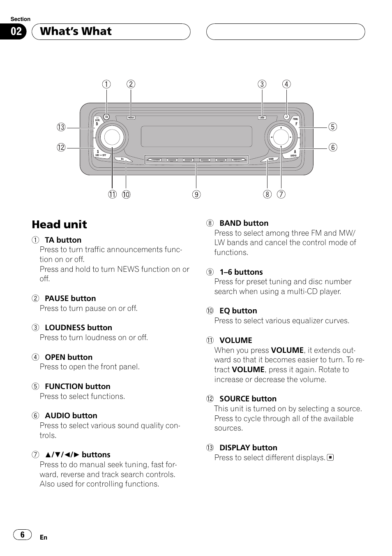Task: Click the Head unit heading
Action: point(60,225)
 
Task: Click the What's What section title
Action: point(76,32)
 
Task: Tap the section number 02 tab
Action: point(16,32)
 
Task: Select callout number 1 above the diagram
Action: point(106,84)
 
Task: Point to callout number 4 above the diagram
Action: point(286,84)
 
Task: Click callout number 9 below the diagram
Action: point(197,195)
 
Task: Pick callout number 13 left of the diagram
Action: point(61,127)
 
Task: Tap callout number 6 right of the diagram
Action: point(332,147)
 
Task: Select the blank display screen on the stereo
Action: point(196,136)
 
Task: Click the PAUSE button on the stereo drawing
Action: point(131,118)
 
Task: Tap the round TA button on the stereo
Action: point(106,117)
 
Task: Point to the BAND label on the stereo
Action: point(271,159)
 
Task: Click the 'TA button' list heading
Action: point(63,240)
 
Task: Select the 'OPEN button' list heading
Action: point(68,357)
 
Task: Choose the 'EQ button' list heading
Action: point(238,311)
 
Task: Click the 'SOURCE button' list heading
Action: point(248,399)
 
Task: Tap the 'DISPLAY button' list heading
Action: point(248,448)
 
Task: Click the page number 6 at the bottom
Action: point(22,535)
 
